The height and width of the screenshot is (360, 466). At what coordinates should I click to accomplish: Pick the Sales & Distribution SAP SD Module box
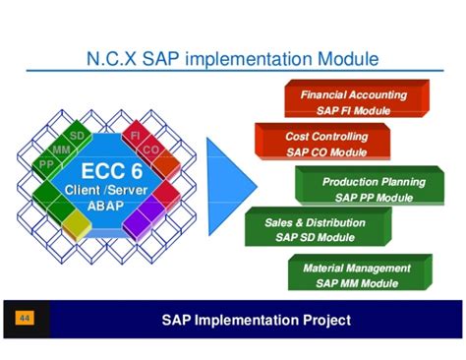pos(313,229)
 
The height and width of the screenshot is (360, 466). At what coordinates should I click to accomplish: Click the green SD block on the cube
pos(78,134)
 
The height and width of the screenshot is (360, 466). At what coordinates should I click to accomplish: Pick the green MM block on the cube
pos(62,150)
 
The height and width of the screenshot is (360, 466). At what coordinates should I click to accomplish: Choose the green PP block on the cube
pos(46,164)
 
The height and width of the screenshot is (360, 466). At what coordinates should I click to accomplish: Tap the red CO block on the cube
pos(150,150)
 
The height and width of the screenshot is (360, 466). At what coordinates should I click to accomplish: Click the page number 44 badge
pos(25,320)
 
